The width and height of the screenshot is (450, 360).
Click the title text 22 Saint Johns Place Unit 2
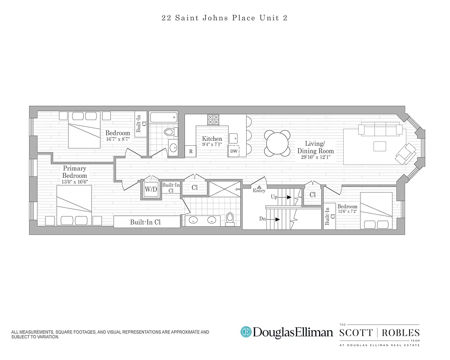(x=225, y=18)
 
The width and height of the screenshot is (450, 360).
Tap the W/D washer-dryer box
(x=151, y=189)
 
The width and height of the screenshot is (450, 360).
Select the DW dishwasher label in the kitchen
(x=234, y=151)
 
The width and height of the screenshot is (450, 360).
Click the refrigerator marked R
(x=191, y=152)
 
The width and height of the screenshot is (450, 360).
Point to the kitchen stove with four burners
(x=213, y=120)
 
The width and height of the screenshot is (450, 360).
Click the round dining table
(x=277, y=143)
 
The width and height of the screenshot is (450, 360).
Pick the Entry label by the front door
(x=259, y=190)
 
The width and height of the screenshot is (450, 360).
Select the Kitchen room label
(x=212, y=139)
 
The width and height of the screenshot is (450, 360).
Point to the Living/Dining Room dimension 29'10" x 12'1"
(x=315, y=157)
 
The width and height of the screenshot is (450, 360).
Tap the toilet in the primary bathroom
(x=230, y=218)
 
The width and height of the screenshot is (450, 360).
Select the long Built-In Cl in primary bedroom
(x=146, y=222)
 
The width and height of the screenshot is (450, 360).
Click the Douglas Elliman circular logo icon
(x=246, y=332)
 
